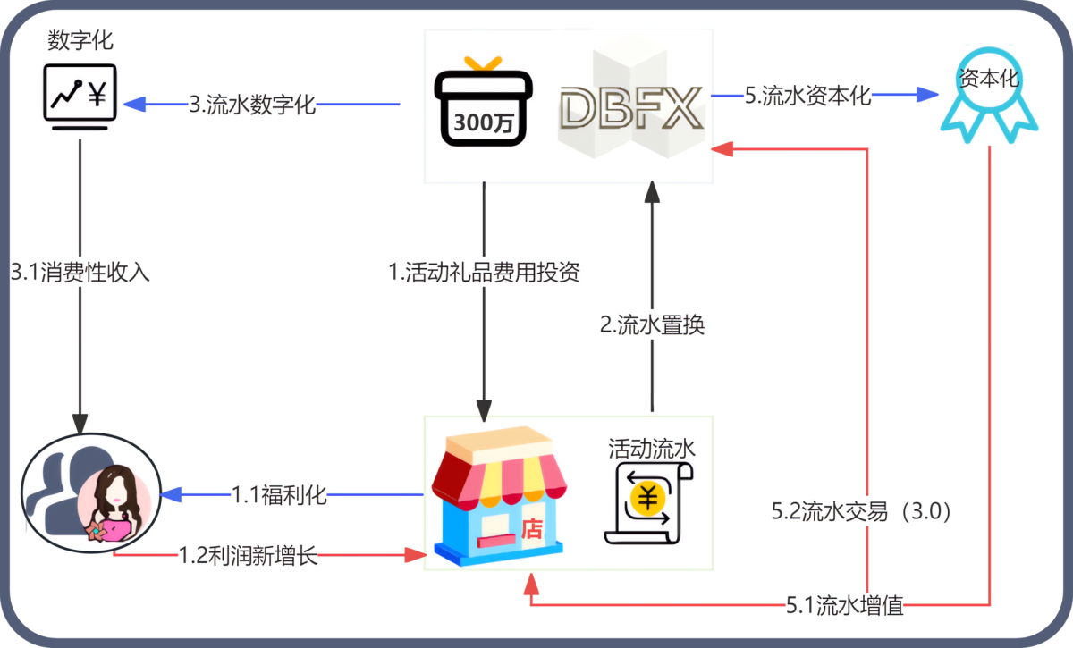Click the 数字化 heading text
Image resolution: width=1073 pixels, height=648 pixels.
click(x=80, y=40)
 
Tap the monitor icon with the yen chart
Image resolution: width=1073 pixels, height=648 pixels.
click(x=80, y=97)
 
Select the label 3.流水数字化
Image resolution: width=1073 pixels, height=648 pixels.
click(x=252, y=105)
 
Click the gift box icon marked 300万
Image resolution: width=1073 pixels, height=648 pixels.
click(x=484, y=106)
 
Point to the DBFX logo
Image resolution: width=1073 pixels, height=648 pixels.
click(x=630, y=107)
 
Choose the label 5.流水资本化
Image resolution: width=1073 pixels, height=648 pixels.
click(x=808, y=96)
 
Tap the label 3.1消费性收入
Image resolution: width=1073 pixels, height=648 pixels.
click(x=80, y=271)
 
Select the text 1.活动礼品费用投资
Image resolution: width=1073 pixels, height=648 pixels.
click(x=485, y=272)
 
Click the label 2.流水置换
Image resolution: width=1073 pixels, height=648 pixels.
click(x=652, y=324)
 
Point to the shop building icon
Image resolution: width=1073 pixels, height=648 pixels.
click(x=499, y=495)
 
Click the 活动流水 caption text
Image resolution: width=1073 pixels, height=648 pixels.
click(x=652, y=448)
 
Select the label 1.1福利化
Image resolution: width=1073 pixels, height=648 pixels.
click(x=280, y=495)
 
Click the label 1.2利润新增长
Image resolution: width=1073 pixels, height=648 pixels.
click(x=249, y=556)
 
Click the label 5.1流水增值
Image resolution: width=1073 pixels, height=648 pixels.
click(x=845, y=607)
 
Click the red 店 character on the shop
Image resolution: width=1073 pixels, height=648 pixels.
click(x=532, y=529)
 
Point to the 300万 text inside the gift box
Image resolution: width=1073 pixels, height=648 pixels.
click(x=484, y=123)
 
